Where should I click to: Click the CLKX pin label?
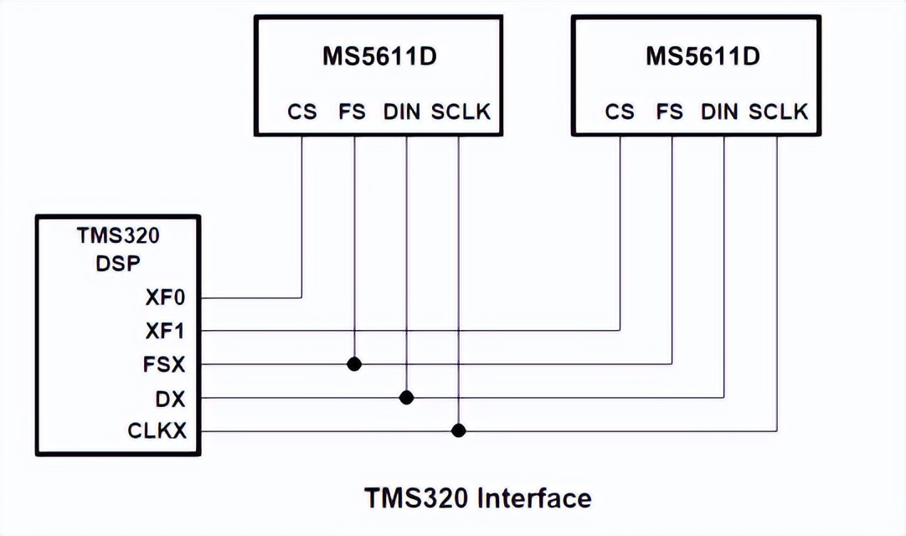157,430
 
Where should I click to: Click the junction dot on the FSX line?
354,363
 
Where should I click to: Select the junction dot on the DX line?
407,397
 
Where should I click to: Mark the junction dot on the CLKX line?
458,430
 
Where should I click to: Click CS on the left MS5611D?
302,111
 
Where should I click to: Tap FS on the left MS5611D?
353,111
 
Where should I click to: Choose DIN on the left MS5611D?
403,111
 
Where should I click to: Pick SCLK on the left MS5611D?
461,111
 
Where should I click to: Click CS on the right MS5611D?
620,111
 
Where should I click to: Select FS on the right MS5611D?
670,111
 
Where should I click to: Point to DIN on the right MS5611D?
720,111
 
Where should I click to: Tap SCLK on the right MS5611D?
778,111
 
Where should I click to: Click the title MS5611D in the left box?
378,57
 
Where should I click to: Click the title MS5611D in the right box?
702,57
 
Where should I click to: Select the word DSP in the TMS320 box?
118,261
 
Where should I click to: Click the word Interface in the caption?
534,498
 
